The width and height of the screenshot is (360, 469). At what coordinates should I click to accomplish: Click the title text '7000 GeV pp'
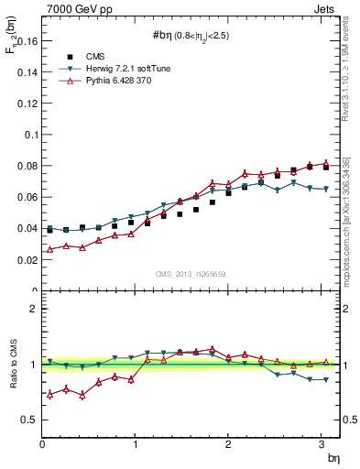pos(74,8)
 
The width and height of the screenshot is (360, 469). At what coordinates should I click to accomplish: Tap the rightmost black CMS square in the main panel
pos(325,168)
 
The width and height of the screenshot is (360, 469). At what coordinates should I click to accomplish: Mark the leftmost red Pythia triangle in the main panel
pos(49,249)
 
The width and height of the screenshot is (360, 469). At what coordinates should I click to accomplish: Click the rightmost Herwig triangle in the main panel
pos(325,189)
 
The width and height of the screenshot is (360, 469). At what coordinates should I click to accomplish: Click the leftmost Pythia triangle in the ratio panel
pos(49,394)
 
